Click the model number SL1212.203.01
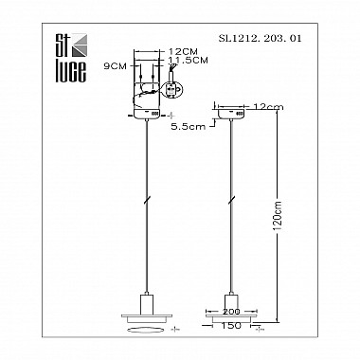pos(260,39)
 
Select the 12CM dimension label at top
pos(183,52)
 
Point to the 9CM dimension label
pos(115,66)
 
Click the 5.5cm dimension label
pos(188,127)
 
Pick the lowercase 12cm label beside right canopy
pos(268,107)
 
